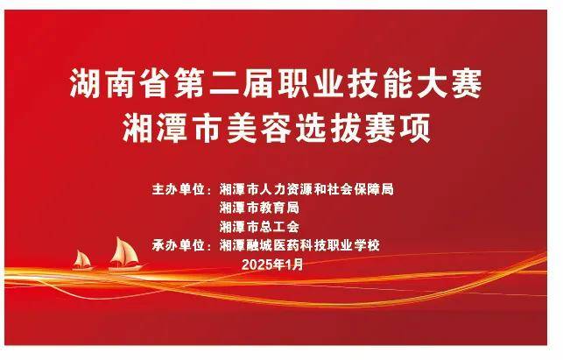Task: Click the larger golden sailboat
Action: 126,255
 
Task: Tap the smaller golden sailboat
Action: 82,261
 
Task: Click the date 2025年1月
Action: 273,265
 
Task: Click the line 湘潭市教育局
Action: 259,208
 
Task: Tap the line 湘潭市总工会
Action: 259,227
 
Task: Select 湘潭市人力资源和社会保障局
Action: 306,189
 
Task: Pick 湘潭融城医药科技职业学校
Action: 299,246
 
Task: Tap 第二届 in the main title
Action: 223,83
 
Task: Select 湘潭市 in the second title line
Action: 172,128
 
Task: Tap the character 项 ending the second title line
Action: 415,128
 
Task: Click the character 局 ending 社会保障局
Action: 387,189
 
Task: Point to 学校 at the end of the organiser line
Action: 368,246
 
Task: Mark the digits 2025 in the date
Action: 257,265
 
